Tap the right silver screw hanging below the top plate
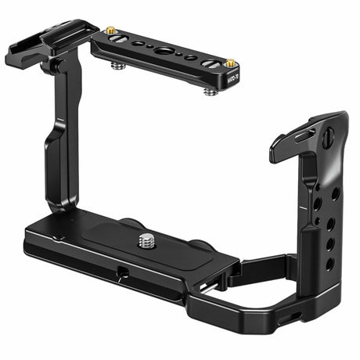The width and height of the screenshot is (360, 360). pos(210,91)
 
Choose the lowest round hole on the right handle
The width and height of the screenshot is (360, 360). pos(330,264)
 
